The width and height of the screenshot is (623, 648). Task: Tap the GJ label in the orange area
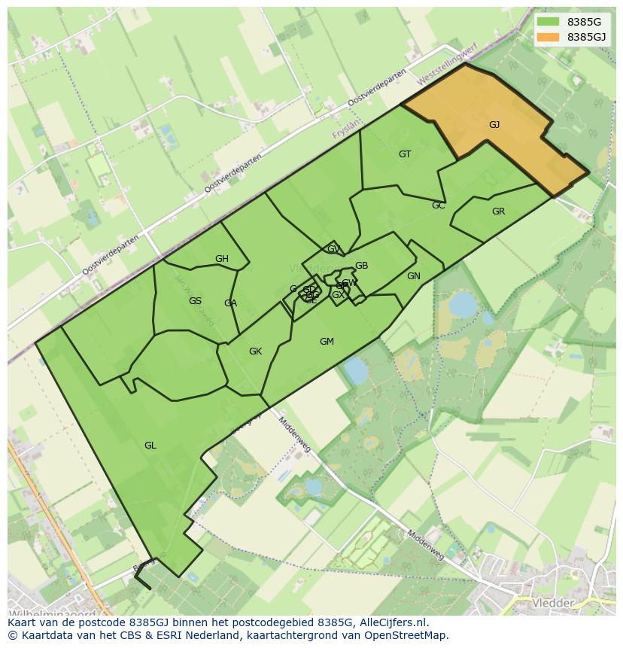click(494, 125)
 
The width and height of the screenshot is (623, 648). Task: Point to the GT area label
click(405, 154)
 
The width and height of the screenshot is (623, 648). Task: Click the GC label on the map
click(439, 205)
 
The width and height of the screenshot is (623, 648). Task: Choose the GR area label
click(498, 211)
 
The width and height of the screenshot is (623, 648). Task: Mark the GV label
click(333, 249)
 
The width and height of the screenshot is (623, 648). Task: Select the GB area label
click(361, 266)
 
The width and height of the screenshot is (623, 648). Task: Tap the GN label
click(413, 276)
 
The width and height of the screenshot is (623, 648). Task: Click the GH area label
click(221, 259)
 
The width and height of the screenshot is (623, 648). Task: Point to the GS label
click(195, 301)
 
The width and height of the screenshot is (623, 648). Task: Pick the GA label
click(230, 303)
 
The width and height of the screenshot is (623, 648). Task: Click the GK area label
click(255, 351)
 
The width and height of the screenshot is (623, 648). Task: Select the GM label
click(327, 342)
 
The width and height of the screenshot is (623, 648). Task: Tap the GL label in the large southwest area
click(150, 446)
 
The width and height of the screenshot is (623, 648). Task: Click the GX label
click(338, 295)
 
